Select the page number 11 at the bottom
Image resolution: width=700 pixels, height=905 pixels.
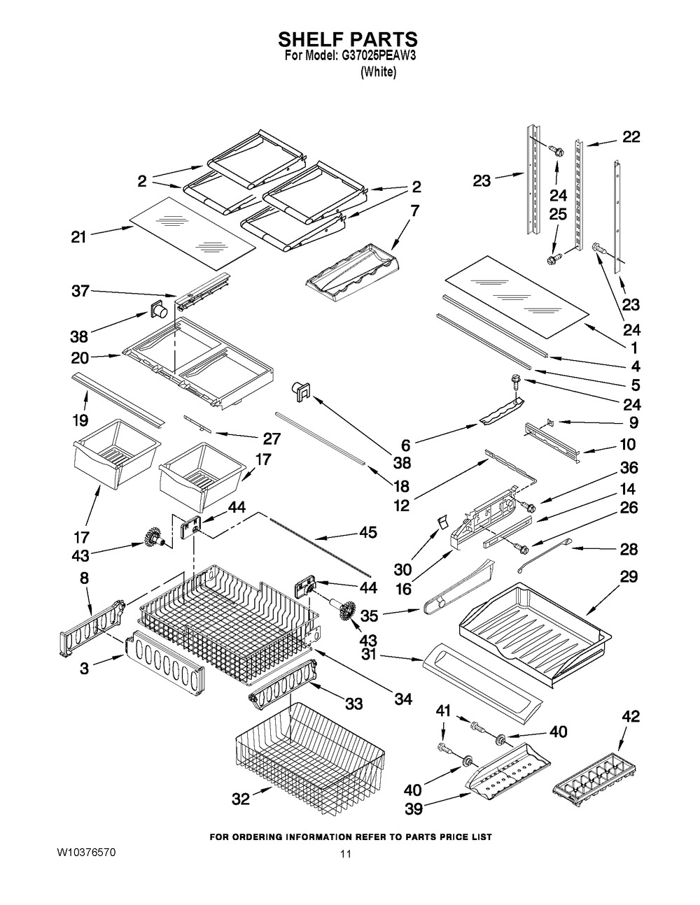coord(344,854)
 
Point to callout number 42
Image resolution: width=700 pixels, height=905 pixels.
coord(630,717)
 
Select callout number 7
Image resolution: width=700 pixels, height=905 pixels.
coord(414,209)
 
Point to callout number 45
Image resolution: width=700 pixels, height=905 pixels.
coord(367,532)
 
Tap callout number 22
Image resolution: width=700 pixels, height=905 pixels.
coord(631,137)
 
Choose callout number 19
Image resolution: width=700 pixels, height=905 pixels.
coord(79,420)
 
